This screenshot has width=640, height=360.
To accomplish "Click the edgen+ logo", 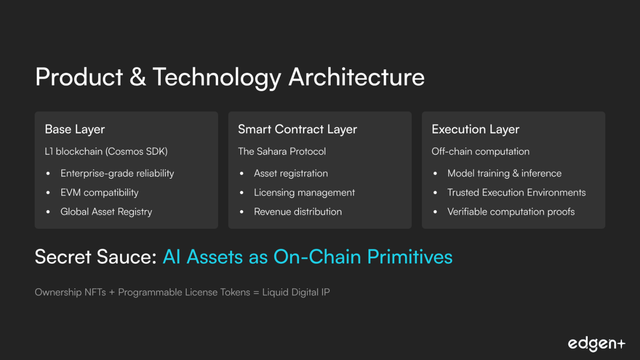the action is coord(597,344).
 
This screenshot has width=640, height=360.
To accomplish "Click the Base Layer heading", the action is coord(75,129).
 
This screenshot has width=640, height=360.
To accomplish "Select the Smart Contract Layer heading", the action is coord(298,129).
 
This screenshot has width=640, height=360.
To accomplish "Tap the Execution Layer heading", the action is coord(475,129).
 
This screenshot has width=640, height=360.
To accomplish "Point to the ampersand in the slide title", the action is coord(138,77).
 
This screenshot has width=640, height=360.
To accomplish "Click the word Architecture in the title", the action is coord(357,77).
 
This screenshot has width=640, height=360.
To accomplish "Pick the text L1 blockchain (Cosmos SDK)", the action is coord(106,151).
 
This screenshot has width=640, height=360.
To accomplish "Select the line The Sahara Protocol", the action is coord(282,151).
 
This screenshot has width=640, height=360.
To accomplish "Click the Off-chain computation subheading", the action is coord(480,151).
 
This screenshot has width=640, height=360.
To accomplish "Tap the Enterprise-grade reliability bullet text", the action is coord(117,173).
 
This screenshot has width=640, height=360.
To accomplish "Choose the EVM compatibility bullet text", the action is coord(99,193).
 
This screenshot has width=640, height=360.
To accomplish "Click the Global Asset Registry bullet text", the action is coord(106,212).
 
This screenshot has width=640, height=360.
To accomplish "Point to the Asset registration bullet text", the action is coord(291,173).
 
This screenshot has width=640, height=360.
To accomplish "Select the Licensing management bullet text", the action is coord(304,193).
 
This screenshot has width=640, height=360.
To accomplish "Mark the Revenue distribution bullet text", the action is coord(298,212).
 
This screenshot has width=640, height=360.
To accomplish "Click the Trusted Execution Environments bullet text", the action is coord(516,193).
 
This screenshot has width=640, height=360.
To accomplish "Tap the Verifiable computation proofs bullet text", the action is coord(511,212).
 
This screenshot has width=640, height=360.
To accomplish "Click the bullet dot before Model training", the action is coord(435,173).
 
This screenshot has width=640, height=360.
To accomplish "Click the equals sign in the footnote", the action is coord(256,292).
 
